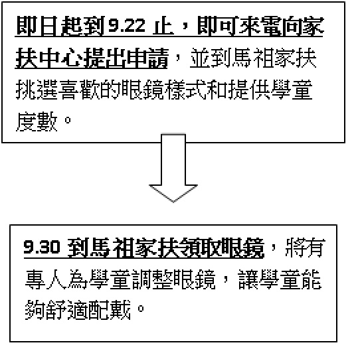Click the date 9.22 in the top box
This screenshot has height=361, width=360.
point(126,25)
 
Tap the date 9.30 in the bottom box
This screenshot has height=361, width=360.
point(42,247)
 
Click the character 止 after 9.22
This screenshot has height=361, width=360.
point(163,26)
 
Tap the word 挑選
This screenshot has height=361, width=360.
point(37,90)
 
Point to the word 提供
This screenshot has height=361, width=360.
point(249,90)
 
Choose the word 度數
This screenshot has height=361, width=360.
point(37,121)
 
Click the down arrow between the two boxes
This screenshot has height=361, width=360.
point(173,168)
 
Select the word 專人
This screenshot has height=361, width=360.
point(45,279)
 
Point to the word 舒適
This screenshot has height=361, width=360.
point(66,310)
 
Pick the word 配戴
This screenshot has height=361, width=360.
point(109,310)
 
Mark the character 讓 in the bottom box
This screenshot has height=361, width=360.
point(248,279)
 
